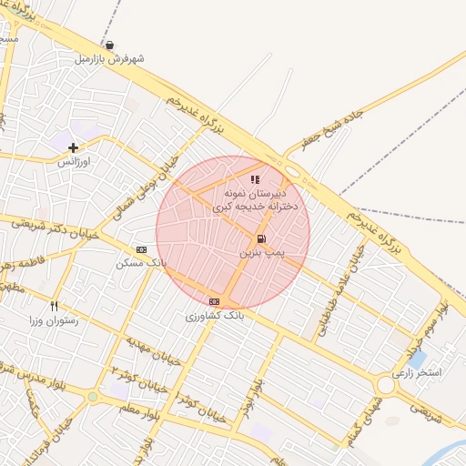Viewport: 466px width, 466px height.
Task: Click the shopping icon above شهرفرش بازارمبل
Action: point(110,45)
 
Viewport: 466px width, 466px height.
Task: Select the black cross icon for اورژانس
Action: point(73,147)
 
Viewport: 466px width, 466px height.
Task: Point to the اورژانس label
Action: point(76,161)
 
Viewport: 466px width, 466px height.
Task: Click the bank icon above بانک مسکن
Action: point(141,248)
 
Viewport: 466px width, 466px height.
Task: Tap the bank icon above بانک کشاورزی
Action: point(214,301)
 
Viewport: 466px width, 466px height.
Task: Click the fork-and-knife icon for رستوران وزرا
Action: point(55,306)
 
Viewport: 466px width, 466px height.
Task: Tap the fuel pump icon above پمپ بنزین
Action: point(262,238)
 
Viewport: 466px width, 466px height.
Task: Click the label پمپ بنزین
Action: point(263,251)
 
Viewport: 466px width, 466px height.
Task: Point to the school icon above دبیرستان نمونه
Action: point(255,179)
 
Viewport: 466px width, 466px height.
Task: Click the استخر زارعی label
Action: point(416,373)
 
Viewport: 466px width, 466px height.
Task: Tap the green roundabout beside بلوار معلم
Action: point(92,397)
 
